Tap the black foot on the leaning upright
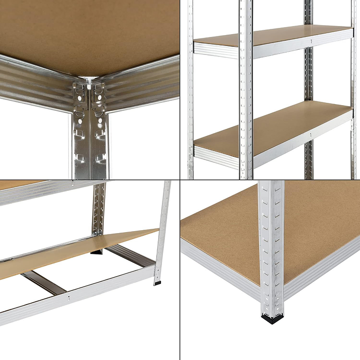coord(157,283)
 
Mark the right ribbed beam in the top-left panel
coord(142,85)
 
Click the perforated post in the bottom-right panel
coord(271,246)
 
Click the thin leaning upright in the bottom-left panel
coord(162,232)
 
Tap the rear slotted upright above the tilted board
coord(99,208)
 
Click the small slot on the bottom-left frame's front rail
coord(69,298)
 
